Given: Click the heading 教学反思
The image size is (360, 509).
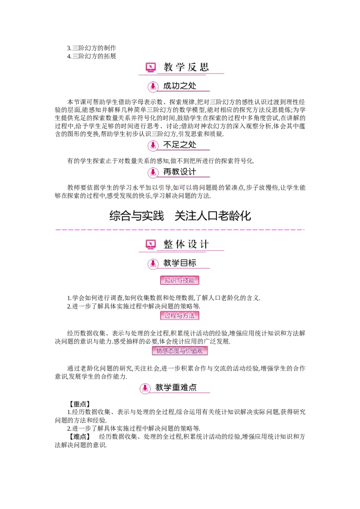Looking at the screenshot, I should (186, 67).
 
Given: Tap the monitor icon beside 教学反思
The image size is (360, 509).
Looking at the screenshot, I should (151, 67).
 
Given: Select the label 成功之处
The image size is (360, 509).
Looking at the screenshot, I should (180, 86).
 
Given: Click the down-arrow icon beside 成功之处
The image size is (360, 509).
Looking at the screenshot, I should (153, 86).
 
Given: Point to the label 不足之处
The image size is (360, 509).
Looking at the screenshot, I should (180, 145).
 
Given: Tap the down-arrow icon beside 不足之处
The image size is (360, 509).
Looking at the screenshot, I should (153, 145).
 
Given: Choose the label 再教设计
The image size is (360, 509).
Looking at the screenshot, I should (180, 172).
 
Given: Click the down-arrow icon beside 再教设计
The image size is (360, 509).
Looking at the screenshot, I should (153, 172).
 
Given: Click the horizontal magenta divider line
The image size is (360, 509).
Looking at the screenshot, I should (180, 230).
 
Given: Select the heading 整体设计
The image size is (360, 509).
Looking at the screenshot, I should (186, 244).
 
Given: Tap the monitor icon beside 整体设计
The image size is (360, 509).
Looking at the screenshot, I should (151, 244).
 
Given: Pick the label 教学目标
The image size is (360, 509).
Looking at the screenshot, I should (180, 263).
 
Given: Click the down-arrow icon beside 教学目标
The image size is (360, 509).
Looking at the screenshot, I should (153, 263).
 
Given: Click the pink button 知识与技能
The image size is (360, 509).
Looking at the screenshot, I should (180, 280).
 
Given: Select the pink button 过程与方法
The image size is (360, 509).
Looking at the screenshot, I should (180, 316).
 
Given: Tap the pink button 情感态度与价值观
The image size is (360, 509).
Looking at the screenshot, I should (180, 351).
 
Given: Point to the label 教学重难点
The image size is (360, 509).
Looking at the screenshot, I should (176, 387).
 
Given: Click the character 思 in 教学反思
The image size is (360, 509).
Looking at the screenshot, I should (204, 67).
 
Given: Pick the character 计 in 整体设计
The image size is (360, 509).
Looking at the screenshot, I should (204, 244).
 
